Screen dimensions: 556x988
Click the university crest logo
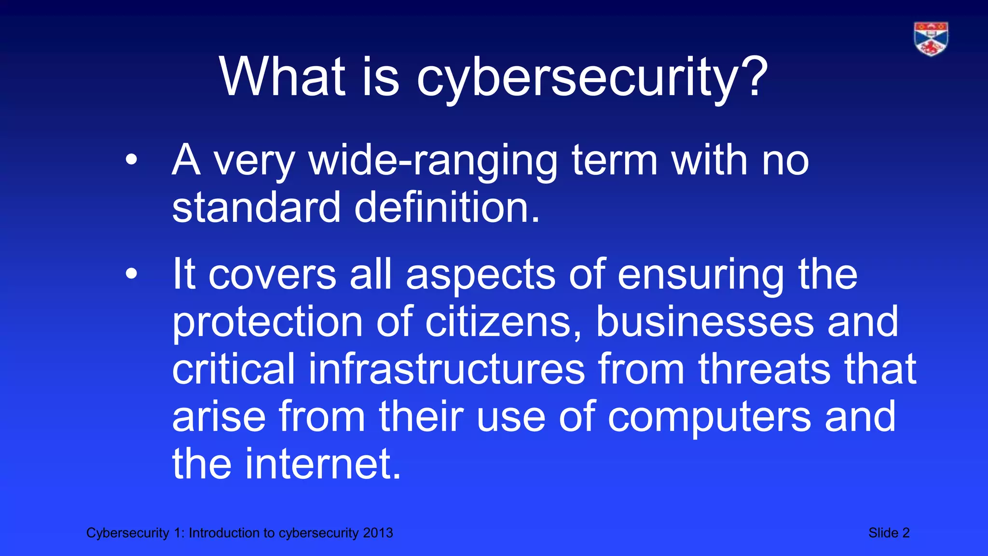(x=931, y=39)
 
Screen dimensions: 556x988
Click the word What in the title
(x=282, y=77)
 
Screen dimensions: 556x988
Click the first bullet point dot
(x=131, y=160)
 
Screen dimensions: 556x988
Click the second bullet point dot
(x=131, y=274)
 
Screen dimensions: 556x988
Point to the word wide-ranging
(x=433, y=161)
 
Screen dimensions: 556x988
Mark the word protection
(x=267, y=323)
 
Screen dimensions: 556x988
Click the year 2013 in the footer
(x=378, y=533)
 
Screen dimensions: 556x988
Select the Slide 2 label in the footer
(x=889, y=533)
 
